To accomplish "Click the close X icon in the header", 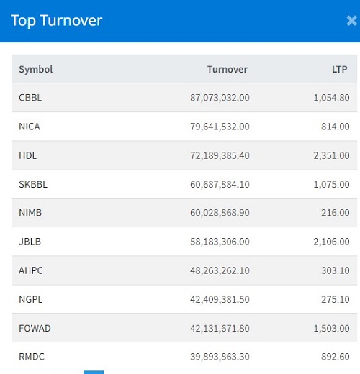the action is (352, 21).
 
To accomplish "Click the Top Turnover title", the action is (57, 21).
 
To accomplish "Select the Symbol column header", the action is (36, 70).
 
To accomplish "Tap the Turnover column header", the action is (228, 69).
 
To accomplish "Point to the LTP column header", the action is (340, 69).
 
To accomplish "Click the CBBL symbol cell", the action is (30, 98).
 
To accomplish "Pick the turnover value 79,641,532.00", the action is (220, 127).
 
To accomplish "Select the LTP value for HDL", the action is (331, 155).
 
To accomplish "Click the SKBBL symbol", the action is (33, 184).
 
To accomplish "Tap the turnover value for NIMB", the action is (220, 213).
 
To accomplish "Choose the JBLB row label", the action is (30, 242).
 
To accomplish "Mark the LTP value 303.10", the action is (336, 270).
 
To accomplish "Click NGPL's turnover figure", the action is (220, 299).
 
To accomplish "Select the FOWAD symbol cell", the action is (35, 328).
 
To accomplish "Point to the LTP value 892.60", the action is (336, 357).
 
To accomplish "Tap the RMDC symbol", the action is (32, 357).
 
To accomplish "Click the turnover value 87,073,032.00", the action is (220, 98).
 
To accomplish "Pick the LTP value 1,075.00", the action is (331, 184).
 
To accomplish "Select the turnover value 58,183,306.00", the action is (220, 242).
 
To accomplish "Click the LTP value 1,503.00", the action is (331, 328).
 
